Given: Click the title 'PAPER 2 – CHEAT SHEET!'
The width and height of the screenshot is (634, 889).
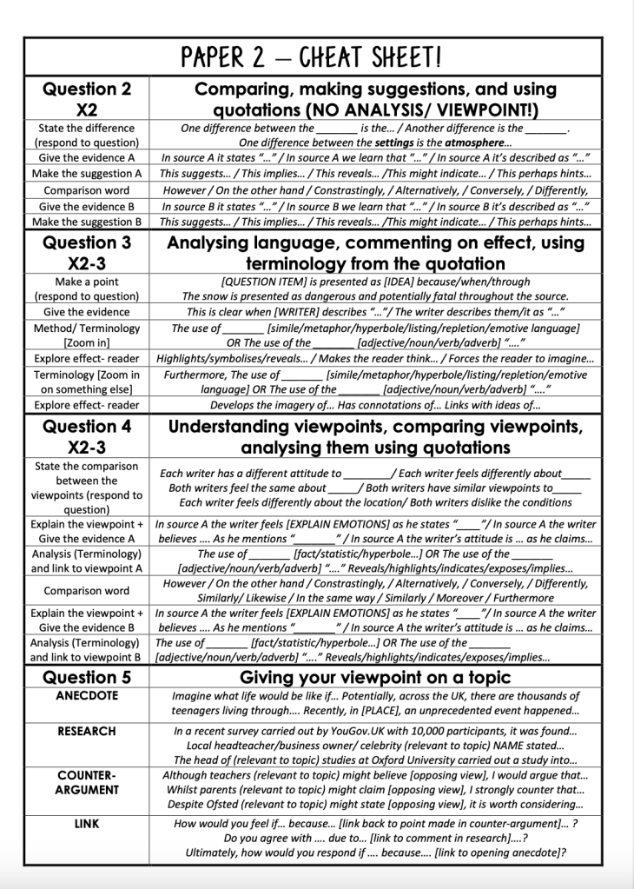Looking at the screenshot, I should pyautogui.click(x=311, y=58).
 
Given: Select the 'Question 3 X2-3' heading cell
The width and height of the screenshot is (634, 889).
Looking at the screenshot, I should pyautogui.click(x=87, y=253).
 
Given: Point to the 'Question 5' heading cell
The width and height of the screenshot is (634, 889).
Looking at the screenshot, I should pyautogui.click(x=87, y=677).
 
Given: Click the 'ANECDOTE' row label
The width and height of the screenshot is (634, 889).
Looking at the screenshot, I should pyautogui.click(x=87, y=696).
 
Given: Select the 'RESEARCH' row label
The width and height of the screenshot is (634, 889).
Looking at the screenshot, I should pyautogui.click(x=87, y=732).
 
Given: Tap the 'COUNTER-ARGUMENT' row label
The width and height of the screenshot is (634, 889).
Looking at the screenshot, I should pyautogui.click(x=87, y=782).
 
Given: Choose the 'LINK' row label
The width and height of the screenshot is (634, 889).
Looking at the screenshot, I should pyautogui.click(x=87, y=823).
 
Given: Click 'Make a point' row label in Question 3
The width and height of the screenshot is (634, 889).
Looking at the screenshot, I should pyautogui.click(x=87, y=282).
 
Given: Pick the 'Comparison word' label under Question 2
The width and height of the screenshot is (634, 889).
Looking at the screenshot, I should pyautogui.click(x=87, y=190).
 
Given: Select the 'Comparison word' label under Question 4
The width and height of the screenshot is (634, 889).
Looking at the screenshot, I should pyautogui.click(x=87, y=591).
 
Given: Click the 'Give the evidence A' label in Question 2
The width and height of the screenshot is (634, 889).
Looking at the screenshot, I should pyautogui.click(x=87, y=158).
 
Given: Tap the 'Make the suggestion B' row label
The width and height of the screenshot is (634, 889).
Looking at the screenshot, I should pyautogui.click(x=87, y=222).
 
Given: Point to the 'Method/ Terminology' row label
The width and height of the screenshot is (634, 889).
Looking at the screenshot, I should pyautogui.click(x=87, y=328).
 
